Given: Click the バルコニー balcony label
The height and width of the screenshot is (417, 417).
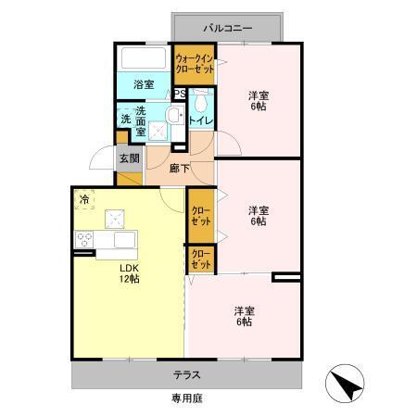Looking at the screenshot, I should [x=228, y=29].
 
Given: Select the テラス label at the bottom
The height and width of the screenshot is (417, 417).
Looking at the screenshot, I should [x=188, y=376].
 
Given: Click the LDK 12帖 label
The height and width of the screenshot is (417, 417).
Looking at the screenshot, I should [x=128, y=274].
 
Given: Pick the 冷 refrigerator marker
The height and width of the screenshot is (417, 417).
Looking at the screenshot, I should [x=84, y=199].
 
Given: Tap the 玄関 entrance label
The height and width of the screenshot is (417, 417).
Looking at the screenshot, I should [x=129, y=158].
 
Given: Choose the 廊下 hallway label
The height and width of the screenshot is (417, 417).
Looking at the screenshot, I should [x=181, y=170].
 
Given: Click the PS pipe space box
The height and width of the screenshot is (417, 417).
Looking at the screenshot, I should [x=181, y=94].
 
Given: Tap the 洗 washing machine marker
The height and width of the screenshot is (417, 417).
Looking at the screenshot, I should [x=124, y=119].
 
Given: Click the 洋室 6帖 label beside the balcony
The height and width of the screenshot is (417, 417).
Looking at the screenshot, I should [x=258, y=101].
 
